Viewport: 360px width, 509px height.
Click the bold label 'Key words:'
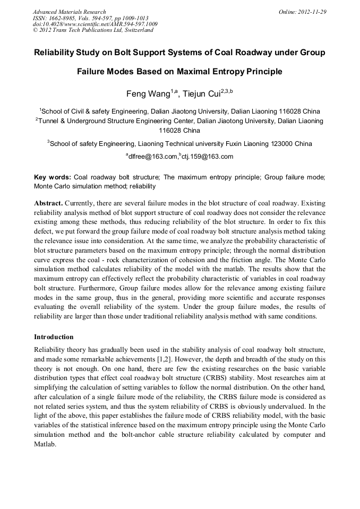click(52, 178)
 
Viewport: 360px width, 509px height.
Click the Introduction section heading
click(54, 337)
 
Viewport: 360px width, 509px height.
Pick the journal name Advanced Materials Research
click(69, 11)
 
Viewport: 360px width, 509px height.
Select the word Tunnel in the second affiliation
click(49, 121)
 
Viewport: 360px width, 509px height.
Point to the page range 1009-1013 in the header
click(132, 18)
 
